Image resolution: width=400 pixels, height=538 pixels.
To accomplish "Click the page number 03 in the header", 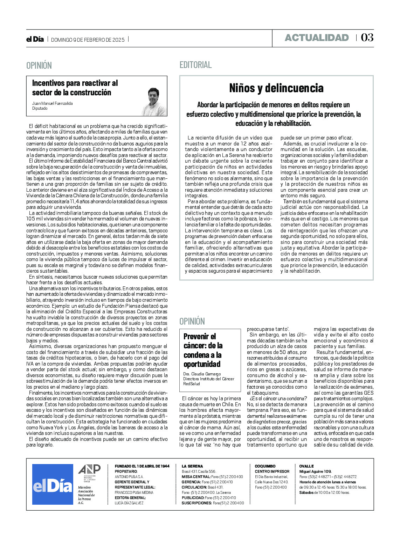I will pyautogui.click(x=367, y=38).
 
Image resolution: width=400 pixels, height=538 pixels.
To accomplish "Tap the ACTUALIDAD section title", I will pyautogui.click(x=317, y=38).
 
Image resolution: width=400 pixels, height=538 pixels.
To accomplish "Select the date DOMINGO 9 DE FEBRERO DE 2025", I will pyautogui.click(x=88, y=40).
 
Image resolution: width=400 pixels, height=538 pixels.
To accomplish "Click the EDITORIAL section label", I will pyautogui.click(x=195, y=65).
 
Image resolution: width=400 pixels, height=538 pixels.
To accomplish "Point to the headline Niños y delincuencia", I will pyautogui.click(x=276, y=88).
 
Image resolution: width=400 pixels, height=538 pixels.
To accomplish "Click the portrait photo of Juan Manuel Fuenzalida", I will pyautogui.click(x=154, y=102).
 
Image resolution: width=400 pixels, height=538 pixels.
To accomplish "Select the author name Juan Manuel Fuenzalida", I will pyautogui.click(x=53, y=103).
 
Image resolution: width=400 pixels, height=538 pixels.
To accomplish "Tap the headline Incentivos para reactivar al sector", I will pyautogui.click(x=75, y=88).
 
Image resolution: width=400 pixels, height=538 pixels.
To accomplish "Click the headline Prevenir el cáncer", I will pyautogui.click(x=203, y=350).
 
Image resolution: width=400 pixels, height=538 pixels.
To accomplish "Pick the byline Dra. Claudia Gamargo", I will pyautogui.click(x=202, y=374).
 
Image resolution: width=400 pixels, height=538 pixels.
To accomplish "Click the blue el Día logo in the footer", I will pyautogui.click(x=53, y=485).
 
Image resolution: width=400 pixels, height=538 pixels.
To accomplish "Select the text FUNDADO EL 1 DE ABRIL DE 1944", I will pyautogui.click(x=142, y=466).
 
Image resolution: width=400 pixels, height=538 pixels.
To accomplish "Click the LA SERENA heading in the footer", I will pyautogui.click(x=192, y=466).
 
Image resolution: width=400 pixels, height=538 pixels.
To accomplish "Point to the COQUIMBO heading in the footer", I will pyautogui.click(x=265, y=466).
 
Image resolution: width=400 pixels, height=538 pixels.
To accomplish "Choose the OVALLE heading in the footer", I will pyautogui.click(x=306, y=466).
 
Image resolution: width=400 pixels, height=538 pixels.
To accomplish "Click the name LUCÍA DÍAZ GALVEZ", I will pyautogui.click(x=129, y=503).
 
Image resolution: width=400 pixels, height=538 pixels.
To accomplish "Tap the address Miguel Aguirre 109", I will pyautogui.click(x=315, y=471).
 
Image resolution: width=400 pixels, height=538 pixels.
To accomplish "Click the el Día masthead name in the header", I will pyautogui.click(x=35, y=40).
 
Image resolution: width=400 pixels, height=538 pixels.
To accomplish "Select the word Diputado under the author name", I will pyautogui.click(x=40, y=108).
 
